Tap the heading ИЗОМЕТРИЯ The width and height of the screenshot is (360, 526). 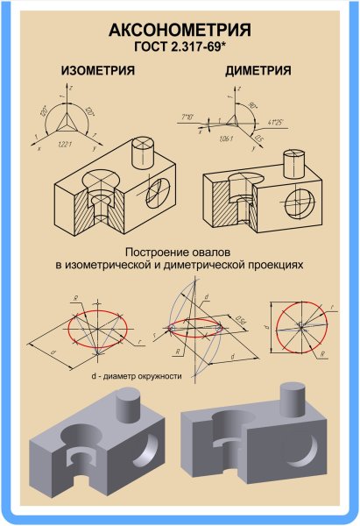[96, 71]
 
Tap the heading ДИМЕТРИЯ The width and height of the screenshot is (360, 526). [259, 71]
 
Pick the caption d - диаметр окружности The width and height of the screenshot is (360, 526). [136, 376]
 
